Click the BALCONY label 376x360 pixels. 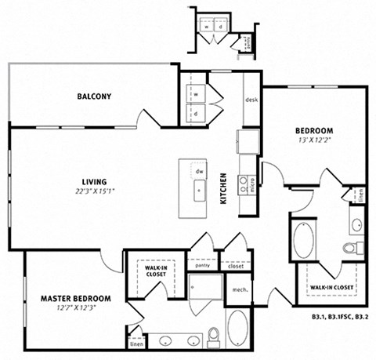point(94,96)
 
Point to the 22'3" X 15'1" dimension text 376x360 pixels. point(94,191)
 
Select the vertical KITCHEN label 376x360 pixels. point(223,188)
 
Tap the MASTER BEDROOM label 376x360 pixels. point(75,299)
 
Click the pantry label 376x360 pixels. point(203,266)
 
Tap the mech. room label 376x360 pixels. point(240,288)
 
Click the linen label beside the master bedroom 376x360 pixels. point(136,343)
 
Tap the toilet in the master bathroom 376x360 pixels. point(212,337)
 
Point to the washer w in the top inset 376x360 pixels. point(207,24)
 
